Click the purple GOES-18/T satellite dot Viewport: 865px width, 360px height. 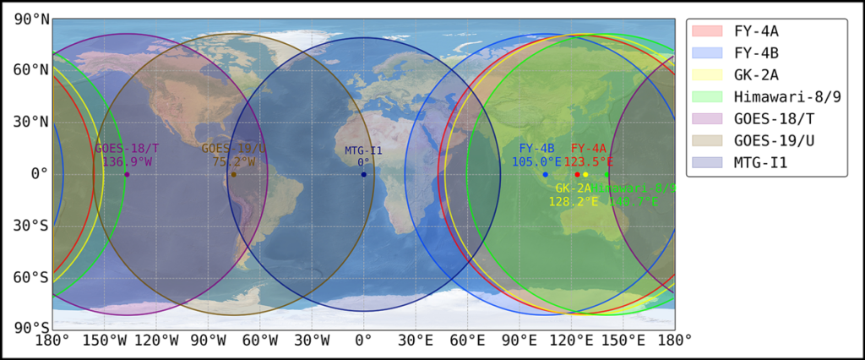click(127, 174)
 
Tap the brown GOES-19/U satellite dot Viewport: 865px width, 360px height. click(234, 174)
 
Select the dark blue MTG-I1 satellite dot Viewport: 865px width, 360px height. click(363, 174)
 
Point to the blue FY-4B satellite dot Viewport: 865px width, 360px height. click(546, 174)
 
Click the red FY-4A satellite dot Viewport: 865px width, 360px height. click(577, 174)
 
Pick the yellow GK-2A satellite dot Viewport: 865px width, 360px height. click(585, 174)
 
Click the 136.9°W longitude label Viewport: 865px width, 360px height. click(127, 161)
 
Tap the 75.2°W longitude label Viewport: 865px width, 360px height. click(234, 161)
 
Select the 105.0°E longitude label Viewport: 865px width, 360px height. click(536, 161)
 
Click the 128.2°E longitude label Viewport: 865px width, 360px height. click(573, 202)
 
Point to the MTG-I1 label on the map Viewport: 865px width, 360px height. click(363, 150)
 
